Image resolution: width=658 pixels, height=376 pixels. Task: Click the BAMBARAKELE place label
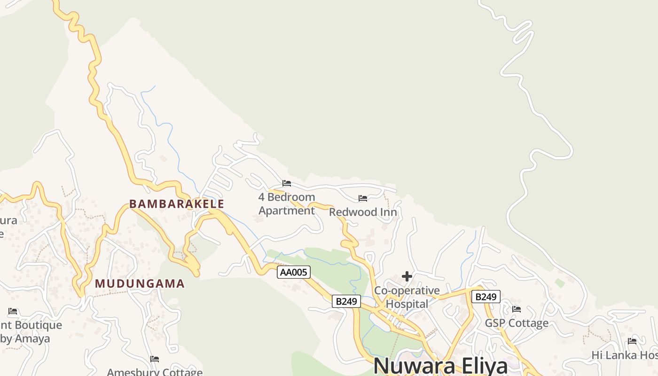[177, 204]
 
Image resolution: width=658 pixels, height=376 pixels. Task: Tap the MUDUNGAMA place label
[140, 284]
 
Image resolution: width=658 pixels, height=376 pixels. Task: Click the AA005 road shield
[294, 272]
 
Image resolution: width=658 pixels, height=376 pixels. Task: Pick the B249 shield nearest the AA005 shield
[346, 301]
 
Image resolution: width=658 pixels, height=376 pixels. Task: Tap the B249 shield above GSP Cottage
[486, 297]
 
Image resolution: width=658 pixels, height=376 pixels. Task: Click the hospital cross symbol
[407, 276]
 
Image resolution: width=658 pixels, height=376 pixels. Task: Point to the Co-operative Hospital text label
[407, 297]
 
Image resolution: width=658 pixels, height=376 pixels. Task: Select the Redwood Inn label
[363, 212]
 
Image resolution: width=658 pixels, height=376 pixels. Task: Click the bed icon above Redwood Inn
[363, 198]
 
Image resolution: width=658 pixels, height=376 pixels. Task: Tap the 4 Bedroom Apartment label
[287, 204]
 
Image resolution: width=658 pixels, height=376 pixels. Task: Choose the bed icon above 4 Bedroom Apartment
[287, 183]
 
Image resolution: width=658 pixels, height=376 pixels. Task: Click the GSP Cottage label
[517, 323]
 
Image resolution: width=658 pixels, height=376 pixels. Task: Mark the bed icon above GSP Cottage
[517, 309]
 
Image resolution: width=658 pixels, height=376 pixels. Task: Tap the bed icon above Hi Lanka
[632, 341]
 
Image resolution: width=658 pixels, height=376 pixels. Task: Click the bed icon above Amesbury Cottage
[155, 359]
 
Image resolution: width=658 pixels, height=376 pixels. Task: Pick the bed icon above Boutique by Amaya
[13, 311]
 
